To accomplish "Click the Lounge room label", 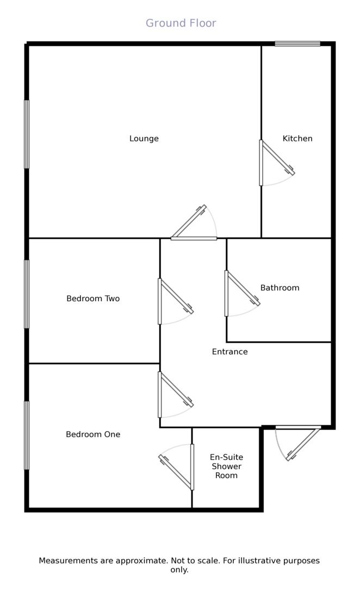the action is (x=144, y=139).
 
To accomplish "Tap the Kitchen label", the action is (x=297, y=139).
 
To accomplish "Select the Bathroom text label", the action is (x=280, y=288).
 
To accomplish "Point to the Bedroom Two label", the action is (x=93, y=298).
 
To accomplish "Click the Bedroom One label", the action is (x=93, y=434).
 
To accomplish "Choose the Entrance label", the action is (x=229, y=352).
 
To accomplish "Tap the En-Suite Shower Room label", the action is (x=226, y=466).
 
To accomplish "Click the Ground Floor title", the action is (x=181, y=23).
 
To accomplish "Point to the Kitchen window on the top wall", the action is (x=297, y=43).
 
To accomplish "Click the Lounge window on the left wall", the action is (x=27, y=134).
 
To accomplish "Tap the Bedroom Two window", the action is (x=27, y=294).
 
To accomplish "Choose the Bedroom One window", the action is (x=27, y=435).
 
